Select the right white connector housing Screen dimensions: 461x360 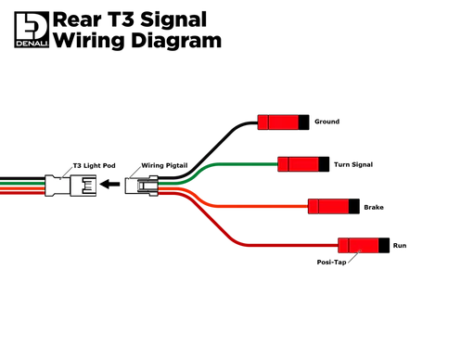point(145,186)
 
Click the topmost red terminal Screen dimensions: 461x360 point(278,122)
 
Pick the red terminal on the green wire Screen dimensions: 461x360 point(299,164)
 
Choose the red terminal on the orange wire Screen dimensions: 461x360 point(327,205)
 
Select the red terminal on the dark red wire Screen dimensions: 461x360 point(358,245)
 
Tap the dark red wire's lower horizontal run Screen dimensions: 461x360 point(288,245)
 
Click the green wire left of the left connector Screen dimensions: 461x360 point(20,183)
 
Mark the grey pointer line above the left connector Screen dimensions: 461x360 point(66,168)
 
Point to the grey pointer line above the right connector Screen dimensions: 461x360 point(136,170)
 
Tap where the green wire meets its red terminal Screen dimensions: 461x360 point(278,164)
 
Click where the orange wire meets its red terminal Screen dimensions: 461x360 point(307,205)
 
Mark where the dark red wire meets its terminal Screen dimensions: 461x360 point(338,245)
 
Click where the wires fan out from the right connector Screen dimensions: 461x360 point(176,186)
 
